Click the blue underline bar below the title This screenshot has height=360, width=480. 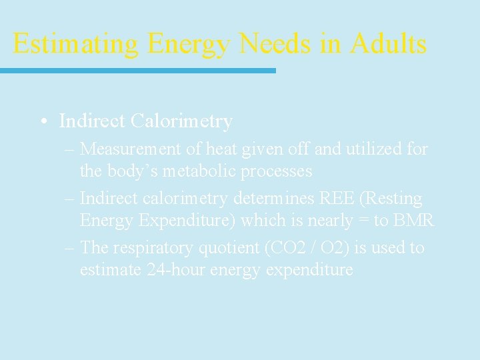137,70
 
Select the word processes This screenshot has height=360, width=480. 278,171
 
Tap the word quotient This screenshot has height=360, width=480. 229,248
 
